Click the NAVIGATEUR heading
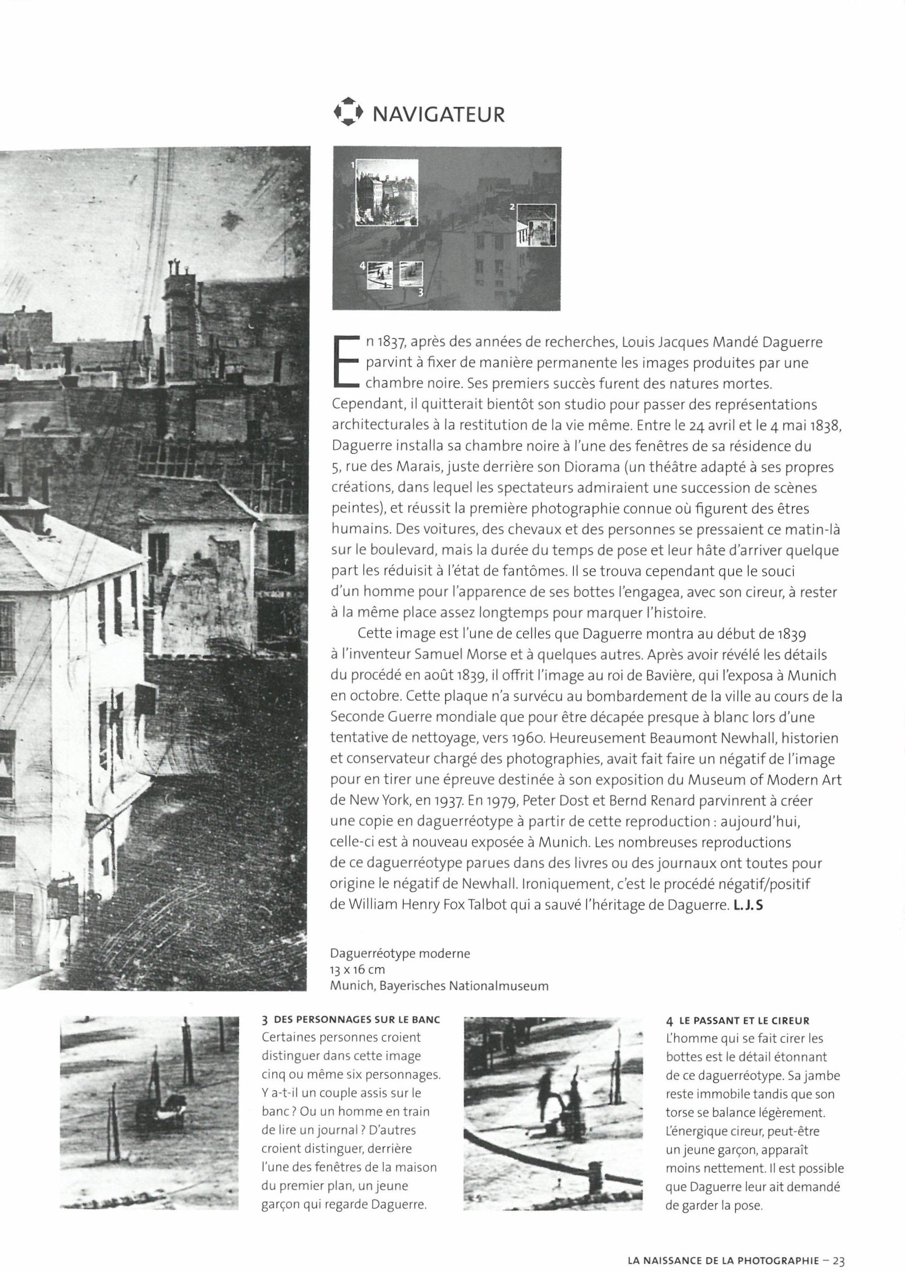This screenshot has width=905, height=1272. click(x=438, y=114)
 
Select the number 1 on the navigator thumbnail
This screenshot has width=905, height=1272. click(x=352, y=165)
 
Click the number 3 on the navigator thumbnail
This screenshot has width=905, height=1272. click(x=420, y=291)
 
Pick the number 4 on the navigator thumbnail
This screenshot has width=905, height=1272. click(x=362, y=266)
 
